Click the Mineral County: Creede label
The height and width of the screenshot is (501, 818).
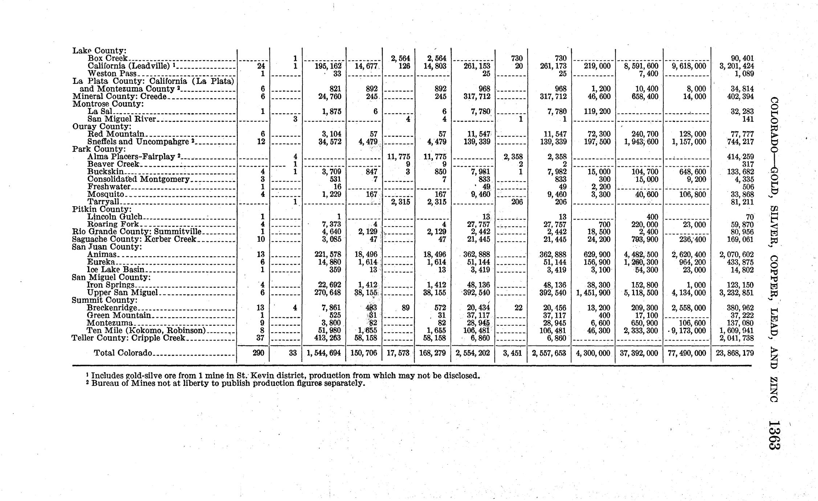click(119, 97)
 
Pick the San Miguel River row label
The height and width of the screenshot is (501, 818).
click(122, 119)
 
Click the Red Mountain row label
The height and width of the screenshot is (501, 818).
click(116, 134)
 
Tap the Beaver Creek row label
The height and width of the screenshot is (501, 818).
click(114, 164)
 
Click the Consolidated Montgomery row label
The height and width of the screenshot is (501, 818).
click(138, 179)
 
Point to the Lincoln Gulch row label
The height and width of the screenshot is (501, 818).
click(115, 217)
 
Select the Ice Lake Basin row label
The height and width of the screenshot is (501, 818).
click(116, 270)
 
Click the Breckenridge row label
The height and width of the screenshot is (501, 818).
click(112, 308)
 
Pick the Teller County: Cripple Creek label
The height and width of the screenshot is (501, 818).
click(129, 338)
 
